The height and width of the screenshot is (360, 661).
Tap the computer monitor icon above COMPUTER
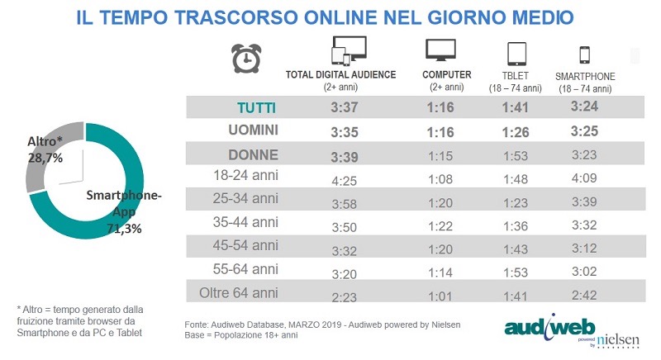(441, 50)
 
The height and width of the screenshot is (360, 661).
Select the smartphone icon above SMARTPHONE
(585, 54)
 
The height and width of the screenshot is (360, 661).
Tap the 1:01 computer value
(441, 293)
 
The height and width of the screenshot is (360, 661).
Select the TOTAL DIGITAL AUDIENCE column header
(340, 75)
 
